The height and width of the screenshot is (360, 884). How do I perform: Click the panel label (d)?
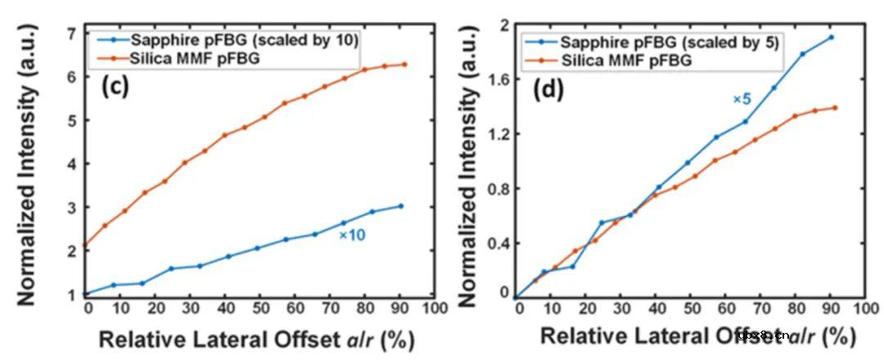[548, 89]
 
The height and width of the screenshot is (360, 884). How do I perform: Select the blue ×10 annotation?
[351, 235]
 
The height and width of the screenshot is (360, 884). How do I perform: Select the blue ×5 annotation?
[742, 99]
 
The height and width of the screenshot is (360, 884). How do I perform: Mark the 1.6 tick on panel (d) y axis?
[497, 79]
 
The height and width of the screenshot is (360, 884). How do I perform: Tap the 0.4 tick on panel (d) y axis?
[497, 244]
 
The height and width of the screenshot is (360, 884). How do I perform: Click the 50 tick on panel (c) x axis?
[261, 308]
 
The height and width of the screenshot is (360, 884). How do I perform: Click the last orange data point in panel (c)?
[404, 65]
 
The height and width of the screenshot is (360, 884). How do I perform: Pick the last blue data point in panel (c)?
[401, 206]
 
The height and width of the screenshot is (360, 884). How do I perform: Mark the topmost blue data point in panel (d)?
[831, 37]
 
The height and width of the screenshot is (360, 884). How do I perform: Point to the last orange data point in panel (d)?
[835, 107]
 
